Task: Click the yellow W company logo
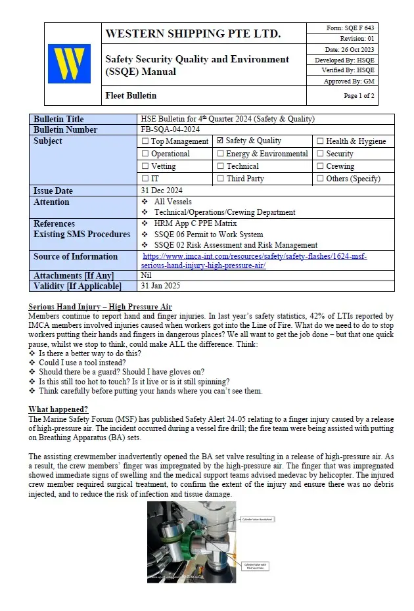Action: coord(69,64)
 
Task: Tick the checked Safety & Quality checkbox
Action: coord(221,141)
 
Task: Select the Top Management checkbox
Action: coord(145,141)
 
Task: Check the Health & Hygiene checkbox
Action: coord(320,141)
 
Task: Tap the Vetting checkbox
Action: coord(145,166)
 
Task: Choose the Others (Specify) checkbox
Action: coord(320,179)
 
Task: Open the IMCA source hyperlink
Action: coord(254,261)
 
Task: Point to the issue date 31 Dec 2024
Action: coord(162,191)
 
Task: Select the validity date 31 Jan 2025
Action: coord(160,286)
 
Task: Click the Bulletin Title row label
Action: coord(58,119)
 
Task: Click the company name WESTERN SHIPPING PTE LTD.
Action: coord(193,34)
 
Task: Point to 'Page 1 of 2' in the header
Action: coord(359,96)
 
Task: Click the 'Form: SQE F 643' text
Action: coord(350,28)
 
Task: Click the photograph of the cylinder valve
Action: coord(191,541)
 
